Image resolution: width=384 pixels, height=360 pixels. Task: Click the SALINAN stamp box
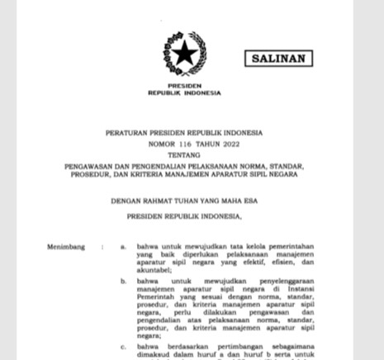pos(277,59)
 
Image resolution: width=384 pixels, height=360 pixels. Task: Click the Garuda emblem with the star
pos(184,54)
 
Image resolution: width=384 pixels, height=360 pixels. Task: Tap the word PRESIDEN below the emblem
pos(183,85)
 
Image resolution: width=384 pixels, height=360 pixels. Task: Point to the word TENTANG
pos(183,154)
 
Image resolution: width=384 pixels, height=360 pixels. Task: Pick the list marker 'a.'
pos(123,247)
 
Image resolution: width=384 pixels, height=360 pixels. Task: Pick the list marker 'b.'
pos(123,282)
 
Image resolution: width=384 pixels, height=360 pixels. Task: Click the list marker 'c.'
pos(123,347)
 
